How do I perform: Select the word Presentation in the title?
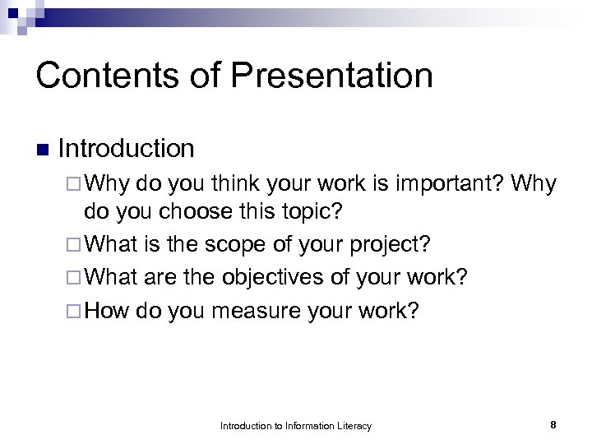click(331, 76)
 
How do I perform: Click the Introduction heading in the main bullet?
click(127, 149)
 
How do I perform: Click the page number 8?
click(553, 425)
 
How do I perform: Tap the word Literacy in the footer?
click(353, 426)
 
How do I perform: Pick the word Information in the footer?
click(305, 426)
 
